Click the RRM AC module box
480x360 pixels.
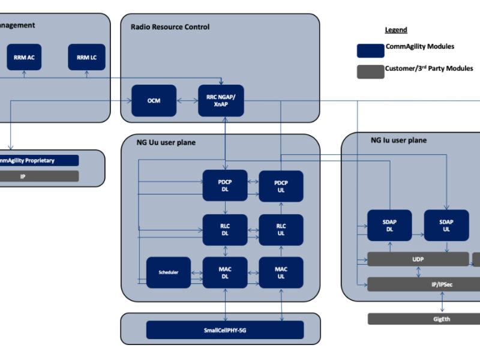[x=24, y=58]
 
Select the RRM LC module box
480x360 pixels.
[x=86, y=58]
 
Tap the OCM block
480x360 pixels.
[x=154, y=101]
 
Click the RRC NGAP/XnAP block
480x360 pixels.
[x=221, y=101]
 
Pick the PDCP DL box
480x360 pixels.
[x=224, y=185]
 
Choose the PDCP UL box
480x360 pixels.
[x=281, y=185]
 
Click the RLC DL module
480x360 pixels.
[x=224, y=229]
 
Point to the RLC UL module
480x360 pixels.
[x=281, y=229]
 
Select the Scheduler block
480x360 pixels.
[x=169, y=272]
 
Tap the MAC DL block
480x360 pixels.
[x=224, y=272]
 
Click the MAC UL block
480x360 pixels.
[x=281, y=272]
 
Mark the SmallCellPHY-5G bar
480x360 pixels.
[x=225, y=330]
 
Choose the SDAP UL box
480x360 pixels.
[x=446, y=226]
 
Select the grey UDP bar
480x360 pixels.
[x=418, y=259]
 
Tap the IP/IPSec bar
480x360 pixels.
[x=424, y=284]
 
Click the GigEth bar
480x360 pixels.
[x=424, y=319]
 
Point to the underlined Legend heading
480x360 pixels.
[x=395, y=30]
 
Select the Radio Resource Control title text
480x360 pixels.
[x=170, y=27]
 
